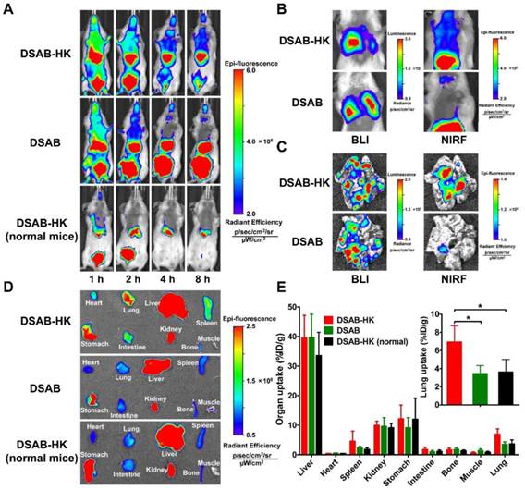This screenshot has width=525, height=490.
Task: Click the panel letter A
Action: (9, 8)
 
